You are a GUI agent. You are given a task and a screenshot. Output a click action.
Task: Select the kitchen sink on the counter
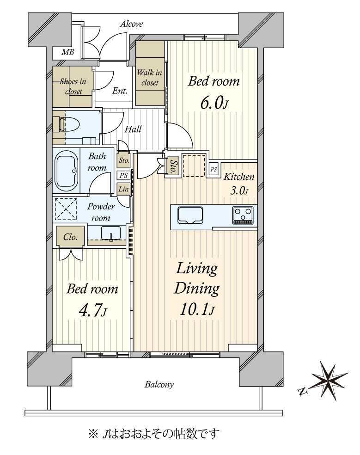[x=190, y=215]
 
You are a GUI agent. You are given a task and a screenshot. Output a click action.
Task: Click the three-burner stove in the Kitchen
[x=243, y=215]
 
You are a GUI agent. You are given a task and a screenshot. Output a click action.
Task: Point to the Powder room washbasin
[x=111, y=233]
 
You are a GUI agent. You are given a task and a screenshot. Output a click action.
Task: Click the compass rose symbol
[x=329, y=381]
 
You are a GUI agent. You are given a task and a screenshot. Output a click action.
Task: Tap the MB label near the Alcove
[x=67, y=52]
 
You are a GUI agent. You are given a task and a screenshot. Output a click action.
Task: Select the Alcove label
[x=131, y=24]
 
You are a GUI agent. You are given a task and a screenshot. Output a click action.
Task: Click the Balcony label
[x=159, y=385]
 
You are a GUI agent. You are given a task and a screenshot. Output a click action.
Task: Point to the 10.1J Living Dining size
[x=197, y=310]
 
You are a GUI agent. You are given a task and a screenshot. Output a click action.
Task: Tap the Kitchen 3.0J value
[x=239, y=191]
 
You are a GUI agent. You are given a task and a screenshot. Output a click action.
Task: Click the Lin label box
[x=123, y=189]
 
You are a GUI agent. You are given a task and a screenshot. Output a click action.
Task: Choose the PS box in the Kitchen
[x=214, y=169]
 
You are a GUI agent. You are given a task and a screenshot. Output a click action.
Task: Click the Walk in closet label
[x=150, y=77]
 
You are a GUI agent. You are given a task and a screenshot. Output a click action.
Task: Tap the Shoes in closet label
[x=73, y=86]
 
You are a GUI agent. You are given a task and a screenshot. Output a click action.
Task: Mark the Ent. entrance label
[x=120, y=91]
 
